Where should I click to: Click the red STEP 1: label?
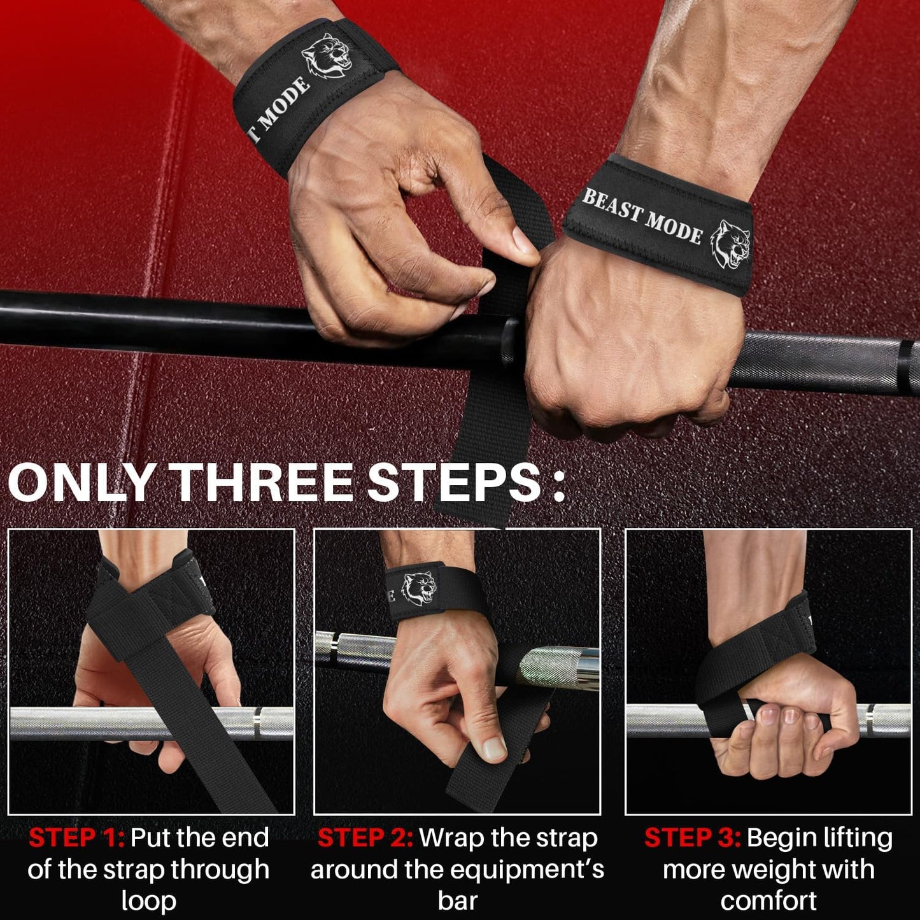coord(76,838)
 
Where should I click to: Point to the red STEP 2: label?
coord(365,838)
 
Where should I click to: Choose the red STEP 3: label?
coord(692,838)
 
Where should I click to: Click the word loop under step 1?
coord(148,901)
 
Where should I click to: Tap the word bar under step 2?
coord(457,901)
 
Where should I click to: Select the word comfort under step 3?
coord(768,901)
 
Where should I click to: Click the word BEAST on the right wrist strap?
coord(611,206)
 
